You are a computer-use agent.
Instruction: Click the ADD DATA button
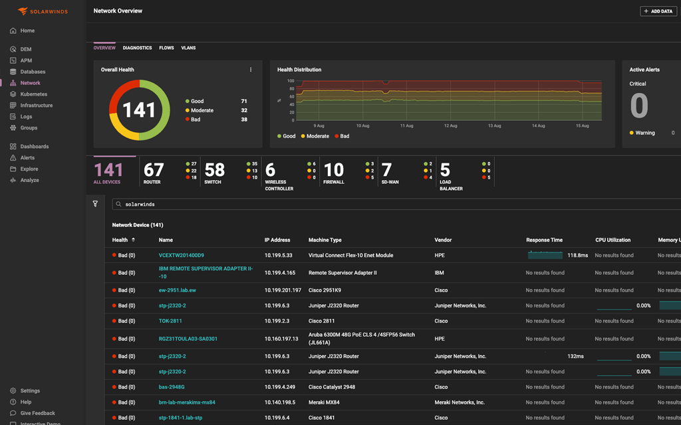click(x=658, y=11)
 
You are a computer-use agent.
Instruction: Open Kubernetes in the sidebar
click(x=33, y=94)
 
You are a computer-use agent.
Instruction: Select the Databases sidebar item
click(x=33, y=72)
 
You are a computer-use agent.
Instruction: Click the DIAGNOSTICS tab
click(x=137, y=48)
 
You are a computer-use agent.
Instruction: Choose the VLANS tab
click(x=188, y=48)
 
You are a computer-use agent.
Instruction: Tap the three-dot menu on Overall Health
click(x=251, y=70)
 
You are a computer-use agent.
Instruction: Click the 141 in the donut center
click(x=139, y=110)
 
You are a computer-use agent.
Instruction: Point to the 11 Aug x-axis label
click(x=406, y=126)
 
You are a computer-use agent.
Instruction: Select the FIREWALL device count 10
click(x=334, y=170)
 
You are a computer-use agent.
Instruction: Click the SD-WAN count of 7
click(x=386, y=170)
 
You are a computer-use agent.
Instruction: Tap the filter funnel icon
click(x=95, y=204)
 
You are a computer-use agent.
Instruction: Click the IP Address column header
click(x=277, y=240)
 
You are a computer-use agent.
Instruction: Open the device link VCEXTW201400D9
click(x=181, y=255)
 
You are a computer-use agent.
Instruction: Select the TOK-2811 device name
click(x=170, y=321)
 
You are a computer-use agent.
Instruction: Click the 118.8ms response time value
click(x=577, y=255)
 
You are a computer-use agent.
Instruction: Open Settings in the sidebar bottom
click(x=30, y=390)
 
